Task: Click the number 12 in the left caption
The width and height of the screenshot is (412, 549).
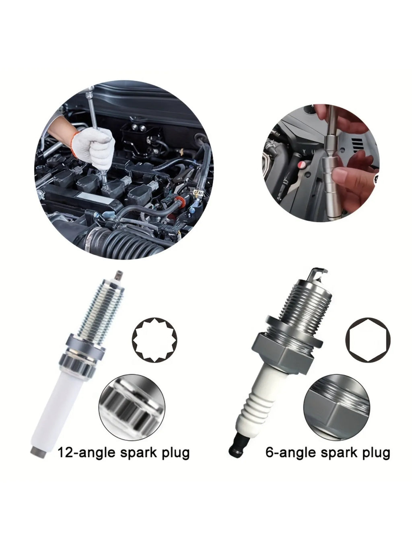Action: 66,452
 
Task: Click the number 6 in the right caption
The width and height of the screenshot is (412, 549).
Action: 269,452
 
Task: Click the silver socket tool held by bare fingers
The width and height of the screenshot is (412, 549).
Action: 331,169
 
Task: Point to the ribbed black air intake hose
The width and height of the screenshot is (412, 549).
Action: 133,241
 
